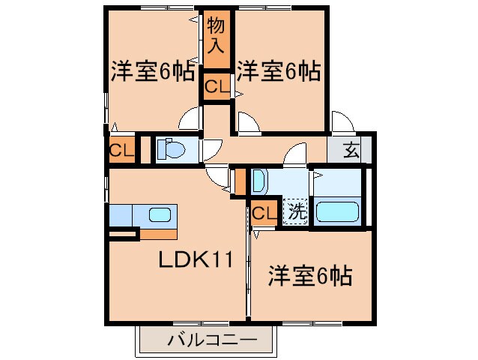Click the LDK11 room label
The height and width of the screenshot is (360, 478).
196,260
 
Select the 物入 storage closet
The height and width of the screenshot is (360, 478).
216,35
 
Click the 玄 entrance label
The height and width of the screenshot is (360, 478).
351,151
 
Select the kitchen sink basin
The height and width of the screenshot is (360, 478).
160,215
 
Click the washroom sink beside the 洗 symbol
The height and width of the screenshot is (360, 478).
258,183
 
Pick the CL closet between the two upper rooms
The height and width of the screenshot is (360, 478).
217,86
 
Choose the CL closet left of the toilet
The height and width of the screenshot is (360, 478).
121,151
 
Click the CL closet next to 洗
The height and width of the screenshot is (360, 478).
263,214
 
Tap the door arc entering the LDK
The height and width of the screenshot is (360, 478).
219,177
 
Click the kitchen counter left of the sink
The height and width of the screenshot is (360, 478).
121,215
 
